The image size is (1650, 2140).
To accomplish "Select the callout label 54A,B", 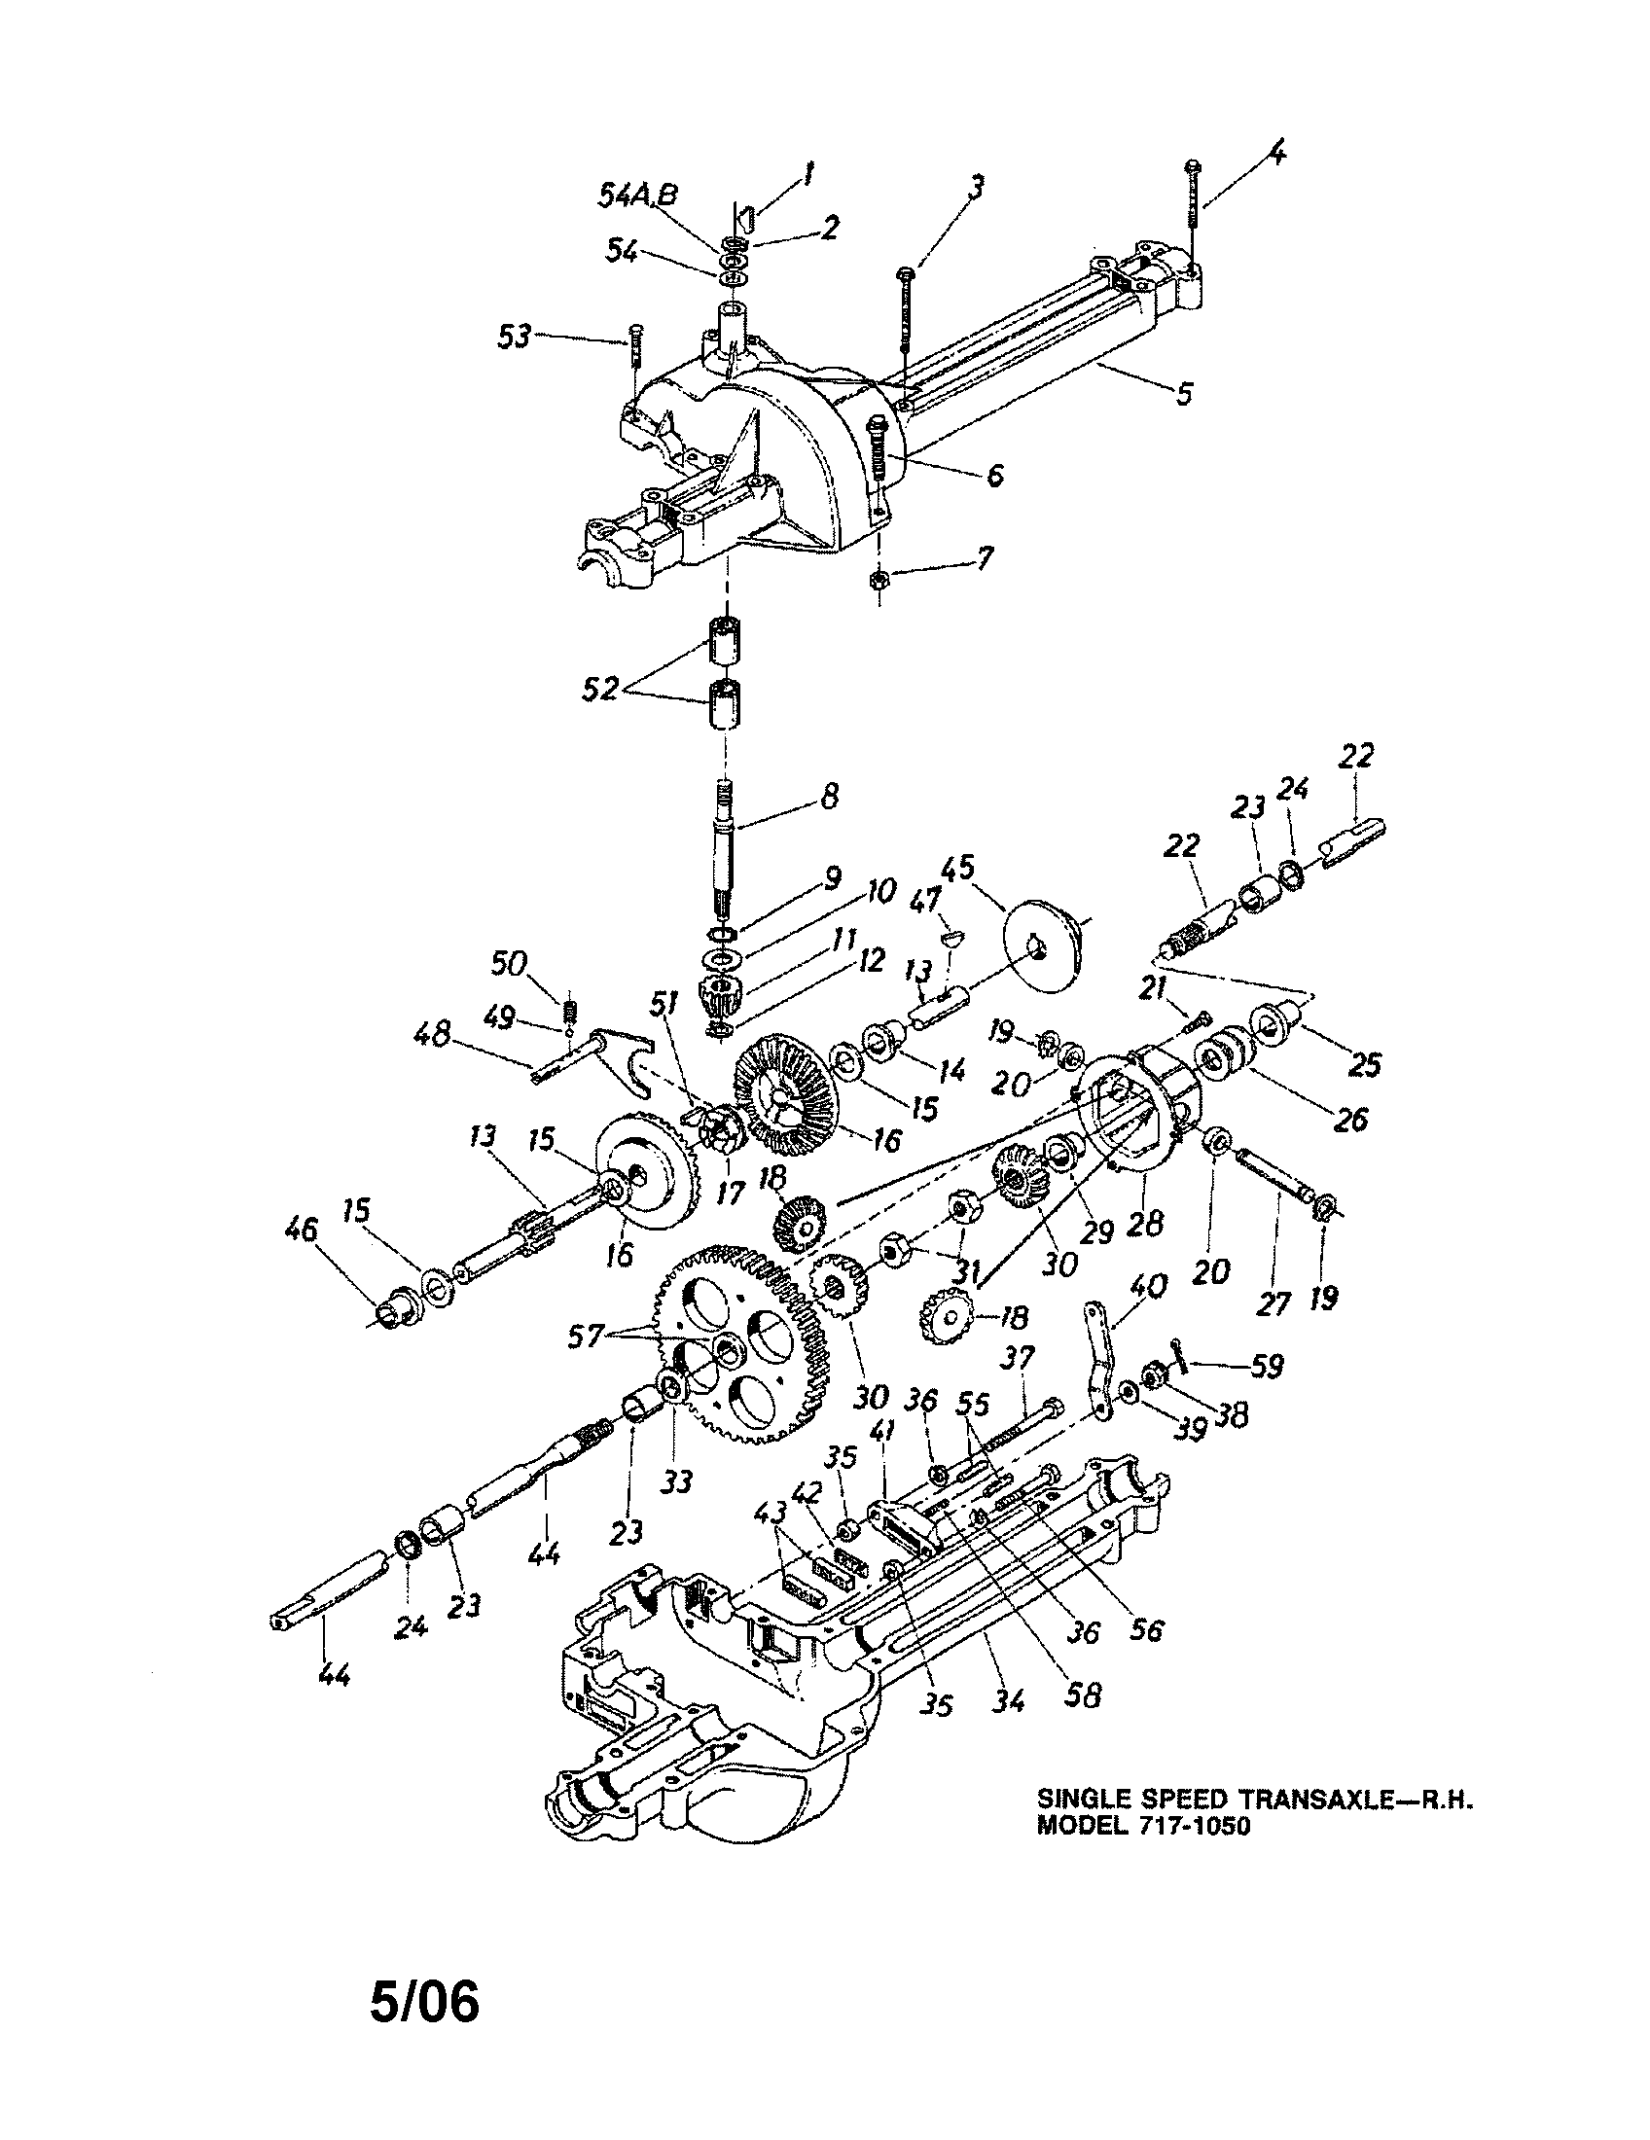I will coord(637,195).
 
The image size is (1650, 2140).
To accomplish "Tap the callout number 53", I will coord(514,337).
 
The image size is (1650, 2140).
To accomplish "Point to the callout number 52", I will coord(599,690).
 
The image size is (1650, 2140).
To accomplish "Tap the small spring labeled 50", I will coord(568,1007).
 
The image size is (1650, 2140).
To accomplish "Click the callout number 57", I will coord(587,1337).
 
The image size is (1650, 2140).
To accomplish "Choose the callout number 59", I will coord(1266,1366).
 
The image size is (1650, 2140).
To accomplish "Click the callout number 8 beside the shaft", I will coord(829,796).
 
